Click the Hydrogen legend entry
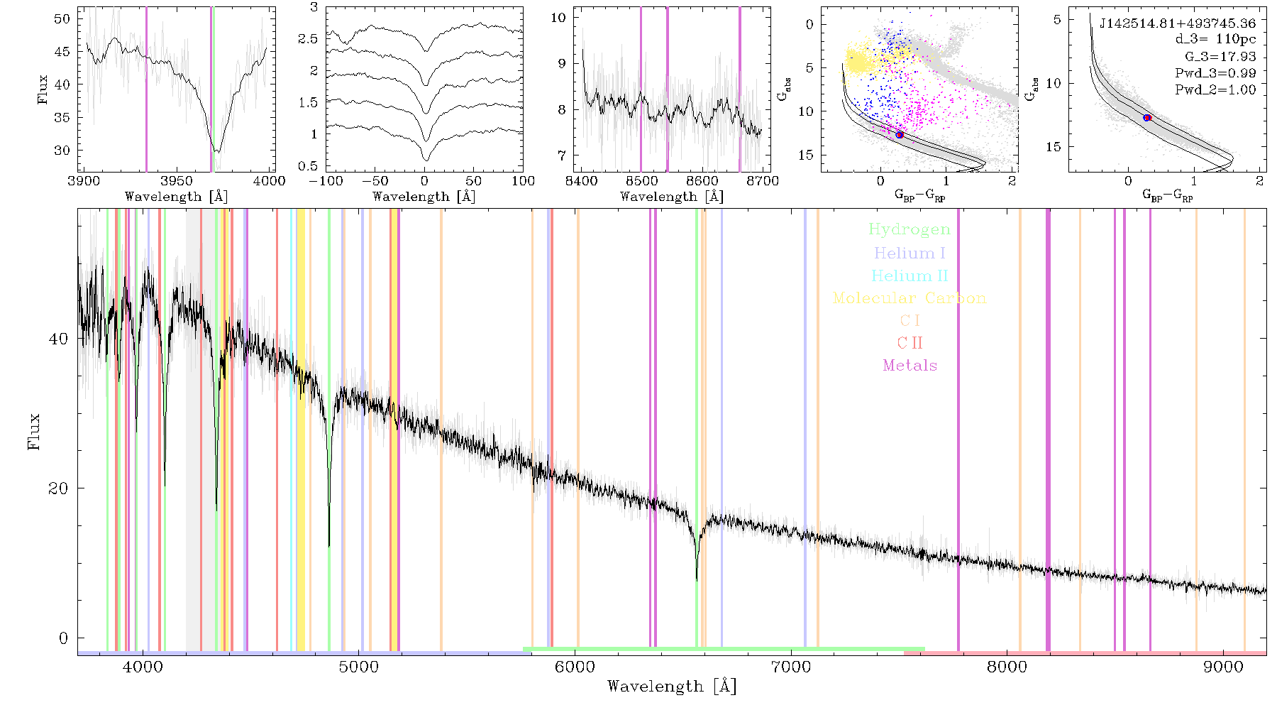(909, 230)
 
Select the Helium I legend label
(910, 253)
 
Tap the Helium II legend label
(910, 276)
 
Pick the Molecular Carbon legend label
(910, 298)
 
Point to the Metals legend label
(910, 366)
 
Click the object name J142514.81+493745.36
(1178, 23)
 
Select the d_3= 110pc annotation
(1215, 40)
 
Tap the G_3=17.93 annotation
(1220, 57)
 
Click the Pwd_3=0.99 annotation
(1215, 73)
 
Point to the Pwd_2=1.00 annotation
(1215, 90)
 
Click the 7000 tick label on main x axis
(791, 667)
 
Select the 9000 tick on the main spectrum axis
(1223, 667)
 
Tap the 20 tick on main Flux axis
(58, 488)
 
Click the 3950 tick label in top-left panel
(177, 180)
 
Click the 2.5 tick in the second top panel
(308, 39)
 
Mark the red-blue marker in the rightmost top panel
(1147, 118)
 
